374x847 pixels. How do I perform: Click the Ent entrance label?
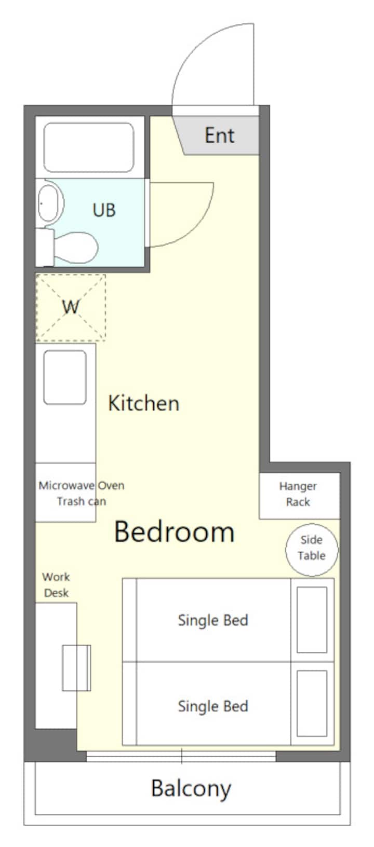tap(219, 135)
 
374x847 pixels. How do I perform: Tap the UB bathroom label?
tap(104, 210)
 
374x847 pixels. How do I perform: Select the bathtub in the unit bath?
tap(89, 147)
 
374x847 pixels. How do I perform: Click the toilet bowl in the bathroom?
tap(76, 247)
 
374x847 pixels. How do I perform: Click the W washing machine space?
tap(71, 308)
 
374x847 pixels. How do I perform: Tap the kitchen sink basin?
tap(65, 377)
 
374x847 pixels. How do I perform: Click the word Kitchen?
tap(143, 403)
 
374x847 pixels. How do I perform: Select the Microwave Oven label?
tap(82, 485)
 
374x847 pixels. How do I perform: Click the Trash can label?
tap(82, 501)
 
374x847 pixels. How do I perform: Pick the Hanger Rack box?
tap(299, 496)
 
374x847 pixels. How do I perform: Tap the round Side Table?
tap(312, 550)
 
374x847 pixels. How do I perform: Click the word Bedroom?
tap(174, 531)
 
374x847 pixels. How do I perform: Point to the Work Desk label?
tap(56, 584)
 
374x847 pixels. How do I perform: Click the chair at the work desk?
tap(76, 668)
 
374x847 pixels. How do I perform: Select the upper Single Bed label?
tap(213, 620)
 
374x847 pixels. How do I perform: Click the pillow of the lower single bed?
tap(312, 703)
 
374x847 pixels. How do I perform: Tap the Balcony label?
tap(191, 789)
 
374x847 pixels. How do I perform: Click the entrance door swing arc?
tap(189, 51)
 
